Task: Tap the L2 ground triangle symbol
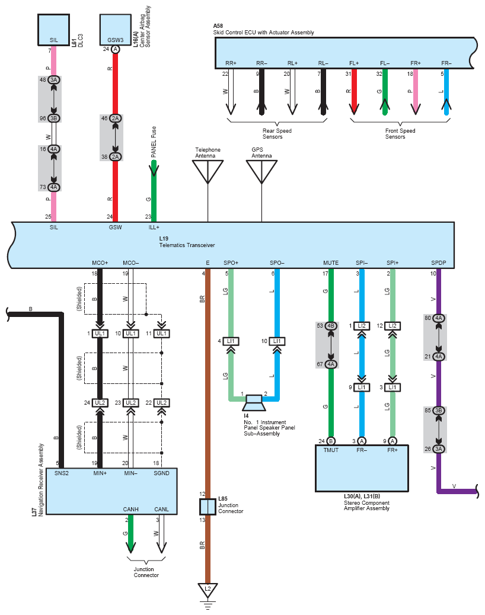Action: point(208,590)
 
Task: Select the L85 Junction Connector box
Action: point(208,507)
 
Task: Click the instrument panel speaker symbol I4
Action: point(254,403)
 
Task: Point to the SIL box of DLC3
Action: point(54,30)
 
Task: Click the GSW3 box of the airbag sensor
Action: point(116,30)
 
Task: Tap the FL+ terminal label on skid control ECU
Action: point(354,63)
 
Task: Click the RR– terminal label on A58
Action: point(261,63)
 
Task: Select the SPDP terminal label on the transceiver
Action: point(438,263)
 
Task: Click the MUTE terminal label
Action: point(331,263)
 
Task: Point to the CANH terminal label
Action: point(130,509)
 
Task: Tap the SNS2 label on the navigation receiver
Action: point(62,473)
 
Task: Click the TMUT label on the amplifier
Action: point(331,450)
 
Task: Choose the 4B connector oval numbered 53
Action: point(331,325)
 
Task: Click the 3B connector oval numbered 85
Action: point(439,410)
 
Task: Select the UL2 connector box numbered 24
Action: point(100,402)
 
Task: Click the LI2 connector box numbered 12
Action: point(393,325)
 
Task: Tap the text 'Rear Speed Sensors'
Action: point(277,134)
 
